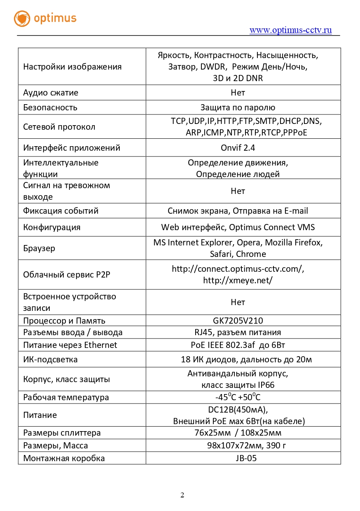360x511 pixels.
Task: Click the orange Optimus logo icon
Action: [x=22, y=19]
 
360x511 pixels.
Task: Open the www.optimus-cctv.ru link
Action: [x=290, y=30]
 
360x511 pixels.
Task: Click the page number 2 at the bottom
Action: [x=182, y=495]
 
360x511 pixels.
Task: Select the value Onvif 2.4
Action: [x=238, y=148]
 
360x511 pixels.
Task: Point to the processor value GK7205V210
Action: [x=238, y=321]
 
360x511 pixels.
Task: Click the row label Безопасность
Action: [x=50, y=107]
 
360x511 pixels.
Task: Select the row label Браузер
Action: [x=39, y=248]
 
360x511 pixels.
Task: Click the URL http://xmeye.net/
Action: [x=238, y=280]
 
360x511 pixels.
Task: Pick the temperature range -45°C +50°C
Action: [x=238, y=397]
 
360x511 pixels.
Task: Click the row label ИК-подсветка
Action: [x=50, y=359]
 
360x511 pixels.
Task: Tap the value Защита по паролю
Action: [x=238, y=107]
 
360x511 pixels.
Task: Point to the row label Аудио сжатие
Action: [x=51, y=93]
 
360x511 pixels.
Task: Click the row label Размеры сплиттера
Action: [x=62, y=433]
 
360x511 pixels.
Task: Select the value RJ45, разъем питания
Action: [x=238, y=332]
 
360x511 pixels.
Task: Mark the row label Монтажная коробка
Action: [x=64, y=458]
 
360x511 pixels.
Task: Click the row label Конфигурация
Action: [x=51, y=227]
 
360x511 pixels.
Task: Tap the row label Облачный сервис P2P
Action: [x=67, y=275]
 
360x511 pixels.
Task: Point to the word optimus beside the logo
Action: [x=55, y=19]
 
